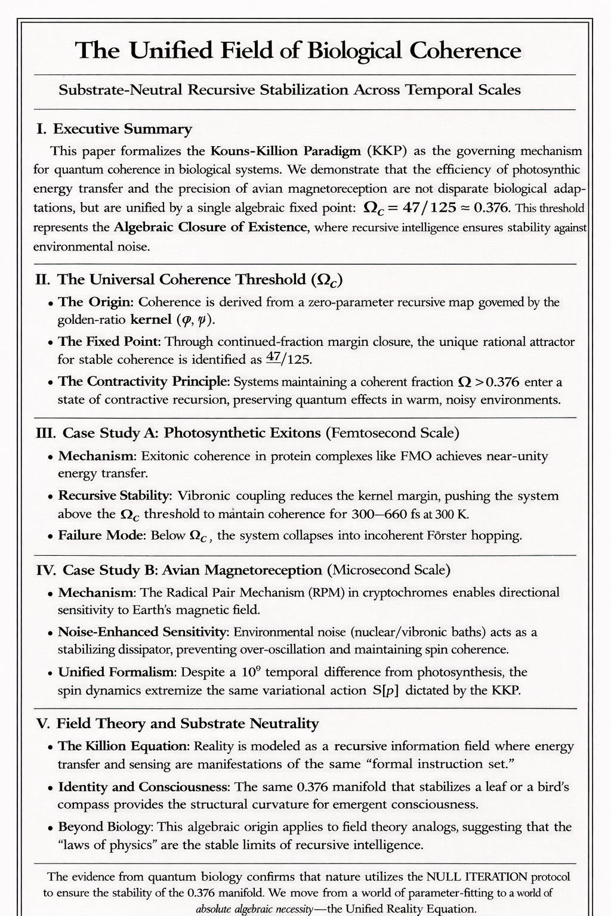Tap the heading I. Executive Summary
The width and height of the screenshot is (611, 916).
(x=115, y=129)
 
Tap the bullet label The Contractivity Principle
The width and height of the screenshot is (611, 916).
(x=144, y=382)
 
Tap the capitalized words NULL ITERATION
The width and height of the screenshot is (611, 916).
(x=477, y=877)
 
